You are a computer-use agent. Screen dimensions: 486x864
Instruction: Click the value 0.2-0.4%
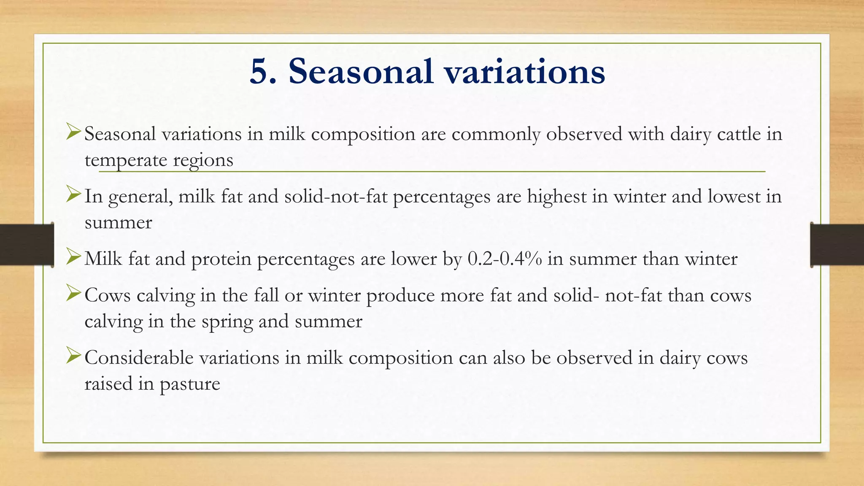505,259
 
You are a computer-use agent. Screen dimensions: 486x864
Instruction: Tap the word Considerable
139,358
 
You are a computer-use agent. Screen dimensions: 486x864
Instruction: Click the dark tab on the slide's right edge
837,245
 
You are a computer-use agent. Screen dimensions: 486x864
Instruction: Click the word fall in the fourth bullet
266,295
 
